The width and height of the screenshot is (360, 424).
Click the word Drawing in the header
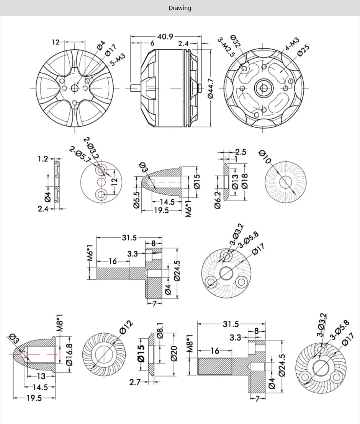(180, 8)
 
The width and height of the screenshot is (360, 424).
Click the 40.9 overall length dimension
(165, 37)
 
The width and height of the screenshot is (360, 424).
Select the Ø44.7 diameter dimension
(211, 88)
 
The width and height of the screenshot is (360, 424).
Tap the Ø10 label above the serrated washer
(265, 157)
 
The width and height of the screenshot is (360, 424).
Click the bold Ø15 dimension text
(141, 353)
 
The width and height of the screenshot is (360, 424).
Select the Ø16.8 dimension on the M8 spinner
(69, 354)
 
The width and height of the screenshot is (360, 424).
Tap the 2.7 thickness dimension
(135, 382)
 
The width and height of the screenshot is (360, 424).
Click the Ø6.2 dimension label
(218, 200)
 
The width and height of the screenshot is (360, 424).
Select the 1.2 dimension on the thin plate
(43, 159)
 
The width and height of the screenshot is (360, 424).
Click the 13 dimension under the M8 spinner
(41, 376)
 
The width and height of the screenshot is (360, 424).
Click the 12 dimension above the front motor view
(56, 42)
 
